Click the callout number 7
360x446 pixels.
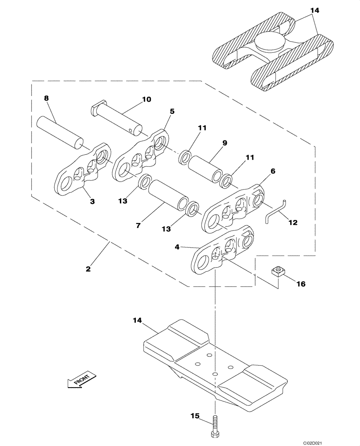[139, 226]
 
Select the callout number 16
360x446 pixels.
[301, 283]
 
